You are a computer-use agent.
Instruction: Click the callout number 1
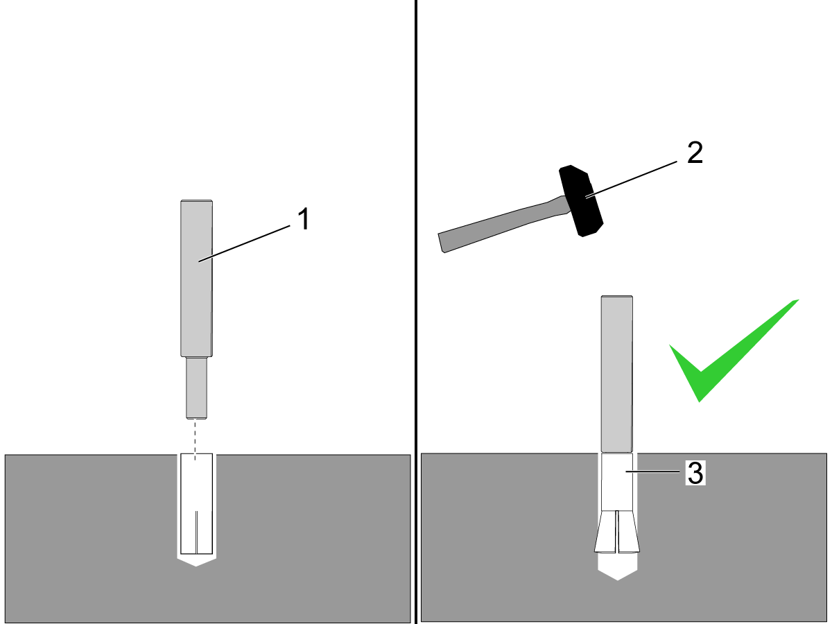tap(304, 218)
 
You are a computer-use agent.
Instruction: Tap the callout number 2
tap(695, 153)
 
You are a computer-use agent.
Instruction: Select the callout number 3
tap(695, 474)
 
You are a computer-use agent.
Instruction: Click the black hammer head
tap(581, 201)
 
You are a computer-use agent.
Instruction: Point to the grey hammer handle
tap(502, 225)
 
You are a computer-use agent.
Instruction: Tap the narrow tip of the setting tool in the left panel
tap(196, 388)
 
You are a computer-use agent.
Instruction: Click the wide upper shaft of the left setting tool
tap(196, 279)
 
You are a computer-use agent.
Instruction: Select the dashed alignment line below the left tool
tap(196, 440)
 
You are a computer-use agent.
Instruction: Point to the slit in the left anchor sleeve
tap(196, 532)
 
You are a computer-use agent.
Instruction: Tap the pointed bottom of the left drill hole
tap(196, 562)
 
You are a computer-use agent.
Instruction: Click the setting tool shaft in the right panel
tap(616, 374)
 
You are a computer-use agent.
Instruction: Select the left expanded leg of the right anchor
tap(606, 532)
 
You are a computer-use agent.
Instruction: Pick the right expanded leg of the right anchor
tap(629, 532)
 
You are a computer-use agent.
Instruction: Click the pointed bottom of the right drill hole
tap(618, 573)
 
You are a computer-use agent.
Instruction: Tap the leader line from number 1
tap(245, 243)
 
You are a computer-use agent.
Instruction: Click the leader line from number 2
tap(631, 179)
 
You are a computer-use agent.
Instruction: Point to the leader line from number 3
tap(652, 471)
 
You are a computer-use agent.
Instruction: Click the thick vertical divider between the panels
tap(416, 312)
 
